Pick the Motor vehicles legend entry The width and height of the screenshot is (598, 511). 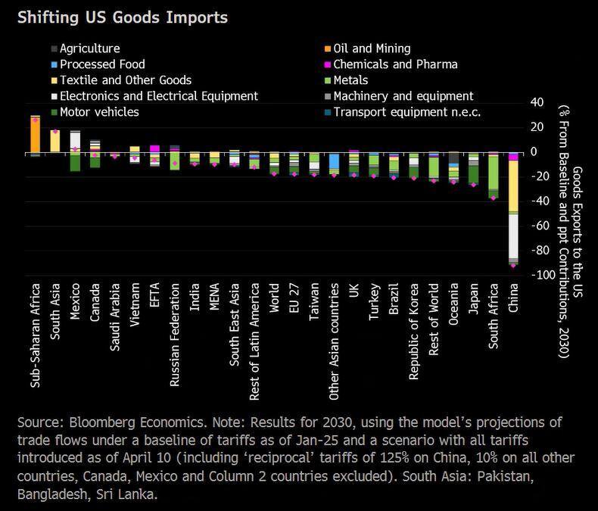click(x=98, y=112)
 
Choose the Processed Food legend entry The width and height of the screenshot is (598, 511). click(x=101, y=64)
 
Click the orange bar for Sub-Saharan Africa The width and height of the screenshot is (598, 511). click(x=35, y=135)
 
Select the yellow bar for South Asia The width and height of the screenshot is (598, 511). click(x=55, y=141)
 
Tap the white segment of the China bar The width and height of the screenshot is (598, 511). click(x=513, y=235)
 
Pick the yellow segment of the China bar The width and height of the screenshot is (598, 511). click(x=513, y=185)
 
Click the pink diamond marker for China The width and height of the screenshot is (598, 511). click(x=513, y=265)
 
